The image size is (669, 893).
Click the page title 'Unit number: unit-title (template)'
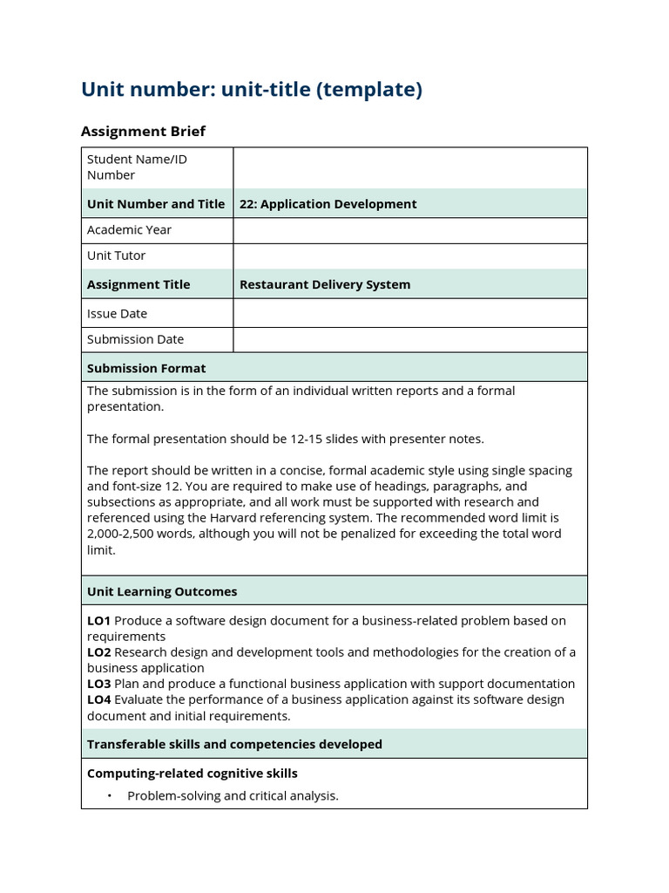[251, 90]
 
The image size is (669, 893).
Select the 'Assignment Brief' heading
[143, 132]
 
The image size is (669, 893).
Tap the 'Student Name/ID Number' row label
[137, 167]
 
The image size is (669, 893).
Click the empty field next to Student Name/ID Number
[409, 167]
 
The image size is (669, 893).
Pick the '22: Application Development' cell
[328, 204]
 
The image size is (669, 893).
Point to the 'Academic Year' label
[129, 230]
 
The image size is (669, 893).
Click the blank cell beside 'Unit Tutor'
[409, 256]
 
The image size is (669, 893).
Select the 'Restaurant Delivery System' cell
[324, 284]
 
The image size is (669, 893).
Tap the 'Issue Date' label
[117, 313]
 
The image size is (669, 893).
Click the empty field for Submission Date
[409, 339]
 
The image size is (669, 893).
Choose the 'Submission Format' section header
[146, 368]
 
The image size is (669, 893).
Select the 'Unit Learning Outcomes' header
[162, 591]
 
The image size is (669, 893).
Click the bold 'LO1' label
[98, 621]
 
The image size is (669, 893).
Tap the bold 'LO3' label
[98, 684]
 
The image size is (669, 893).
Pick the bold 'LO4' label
[98, 699]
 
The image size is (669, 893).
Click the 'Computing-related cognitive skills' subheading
[192, 774]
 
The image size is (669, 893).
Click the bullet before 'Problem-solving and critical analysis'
[110, 796]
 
